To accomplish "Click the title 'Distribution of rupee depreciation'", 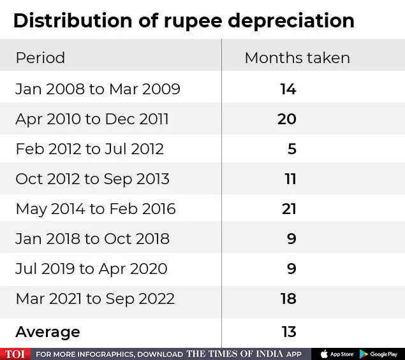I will point(184,20).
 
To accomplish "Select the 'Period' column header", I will point(40,58).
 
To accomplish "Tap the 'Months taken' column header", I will point(297,58).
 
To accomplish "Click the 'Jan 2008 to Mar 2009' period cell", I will point(98,89).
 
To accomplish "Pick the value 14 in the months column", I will point(288,89).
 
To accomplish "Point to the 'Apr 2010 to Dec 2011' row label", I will point(92,119).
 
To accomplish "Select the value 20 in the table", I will point(287,119).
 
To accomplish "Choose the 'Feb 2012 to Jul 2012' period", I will point(89,149).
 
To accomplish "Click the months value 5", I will point(291,149).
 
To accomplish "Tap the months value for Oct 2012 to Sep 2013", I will point(290,179).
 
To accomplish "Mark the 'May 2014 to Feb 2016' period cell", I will point(95,209).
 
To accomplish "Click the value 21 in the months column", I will point(288,209).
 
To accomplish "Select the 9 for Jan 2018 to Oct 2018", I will point(291,239).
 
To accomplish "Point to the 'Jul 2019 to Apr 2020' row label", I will point(91,269).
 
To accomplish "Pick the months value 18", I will point(288,299).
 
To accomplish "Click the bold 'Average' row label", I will point(48,332).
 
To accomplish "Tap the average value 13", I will point(289,332).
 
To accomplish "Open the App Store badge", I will point(337,354).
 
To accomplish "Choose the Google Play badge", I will point(379,354).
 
